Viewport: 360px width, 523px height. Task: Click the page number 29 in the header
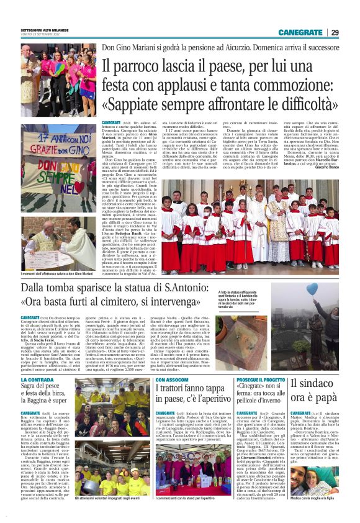pyautogui.click(x=335, y=32)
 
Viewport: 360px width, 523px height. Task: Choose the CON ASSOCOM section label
pyautogui.click(x=170, y=380)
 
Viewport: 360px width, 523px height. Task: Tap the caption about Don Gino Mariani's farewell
pyautogui.click(x=58, y=274)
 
